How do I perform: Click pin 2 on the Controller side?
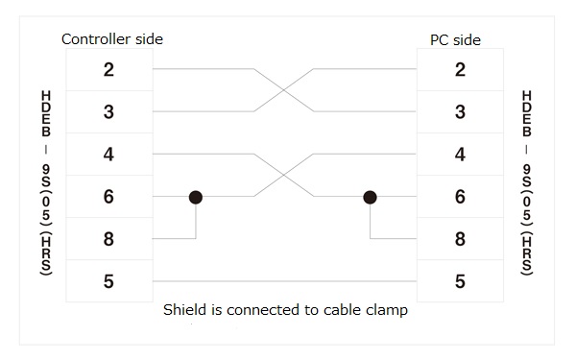coord(108,69)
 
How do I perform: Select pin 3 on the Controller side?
coord(108,112)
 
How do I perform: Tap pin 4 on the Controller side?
coord(108,155)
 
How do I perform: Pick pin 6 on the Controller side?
coord(108,197)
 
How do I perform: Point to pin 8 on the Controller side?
coord(108,239)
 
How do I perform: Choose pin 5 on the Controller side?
coord(108,281)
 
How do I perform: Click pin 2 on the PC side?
coord(460,69)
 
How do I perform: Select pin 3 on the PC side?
coord(460,112)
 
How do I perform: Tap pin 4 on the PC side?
coord(460,155)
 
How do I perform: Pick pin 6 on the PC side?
coord(460,197)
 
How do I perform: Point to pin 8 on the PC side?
coord(460,239)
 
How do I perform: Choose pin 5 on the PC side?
coord(460,281)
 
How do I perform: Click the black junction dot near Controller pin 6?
coord(196,197)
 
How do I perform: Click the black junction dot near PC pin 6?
coord(370,197)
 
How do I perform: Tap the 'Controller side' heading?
coord(112,39)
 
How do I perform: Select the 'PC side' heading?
coord(455,39)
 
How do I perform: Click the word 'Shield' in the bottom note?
coord(183,310)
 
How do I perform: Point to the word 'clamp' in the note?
coord(388,310)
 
